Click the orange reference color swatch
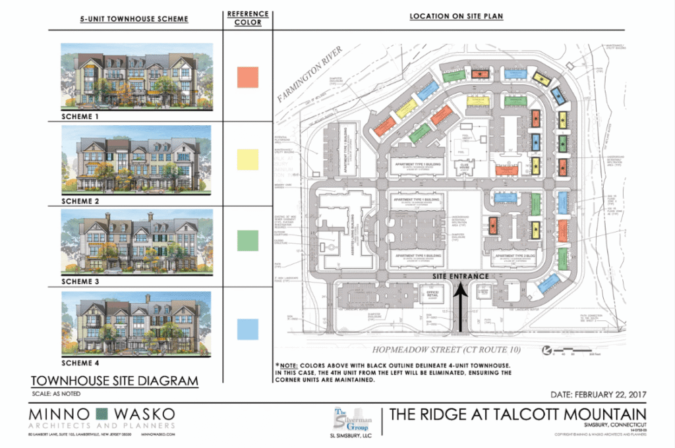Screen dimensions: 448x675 point(248,77)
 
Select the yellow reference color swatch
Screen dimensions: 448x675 point(248,159)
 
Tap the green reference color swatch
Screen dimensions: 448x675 point(248,240)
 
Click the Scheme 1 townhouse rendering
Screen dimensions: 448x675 point(136,75)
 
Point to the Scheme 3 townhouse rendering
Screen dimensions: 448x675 point(136,240)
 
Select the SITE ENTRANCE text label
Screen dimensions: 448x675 point(461,276)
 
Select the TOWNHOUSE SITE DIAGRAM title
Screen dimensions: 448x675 point(114,381)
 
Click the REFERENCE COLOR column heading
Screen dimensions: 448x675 point(248,18)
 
